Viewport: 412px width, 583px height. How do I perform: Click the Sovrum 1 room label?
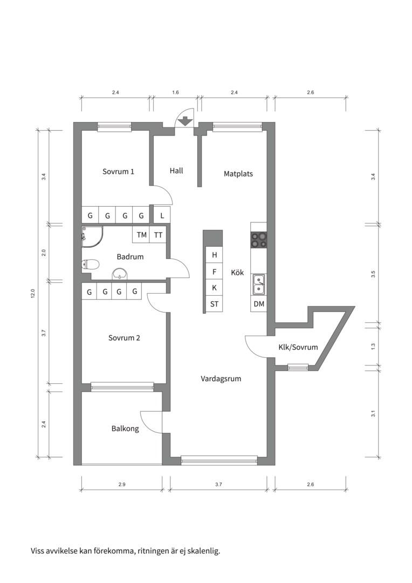(118, 172)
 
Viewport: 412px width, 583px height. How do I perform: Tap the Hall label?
(176, 171)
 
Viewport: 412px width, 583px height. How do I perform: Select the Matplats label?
(238, 174)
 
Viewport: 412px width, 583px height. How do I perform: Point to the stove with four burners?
(259, 239)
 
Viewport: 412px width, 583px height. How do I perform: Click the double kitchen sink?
(259, 284)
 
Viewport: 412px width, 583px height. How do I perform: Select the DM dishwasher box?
(259, 304)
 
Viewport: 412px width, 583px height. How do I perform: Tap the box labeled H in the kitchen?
(214, 255)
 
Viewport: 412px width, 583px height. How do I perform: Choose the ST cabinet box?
(214, 304)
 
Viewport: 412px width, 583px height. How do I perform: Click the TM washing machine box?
(141, 235)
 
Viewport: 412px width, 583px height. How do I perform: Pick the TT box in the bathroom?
(158, 235)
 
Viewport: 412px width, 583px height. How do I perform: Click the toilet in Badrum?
(91, 265)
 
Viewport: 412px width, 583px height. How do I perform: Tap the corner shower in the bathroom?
(92, 236)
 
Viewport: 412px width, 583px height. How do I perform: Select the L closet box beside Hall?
(162, 216)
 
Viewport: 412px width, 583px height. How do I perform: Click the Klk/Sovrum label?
(298, 347)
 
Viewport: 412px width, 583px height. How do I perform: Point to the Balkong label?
(125, 429)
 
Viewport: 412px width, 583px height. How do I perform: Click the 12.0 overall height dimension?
(32, 294)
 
